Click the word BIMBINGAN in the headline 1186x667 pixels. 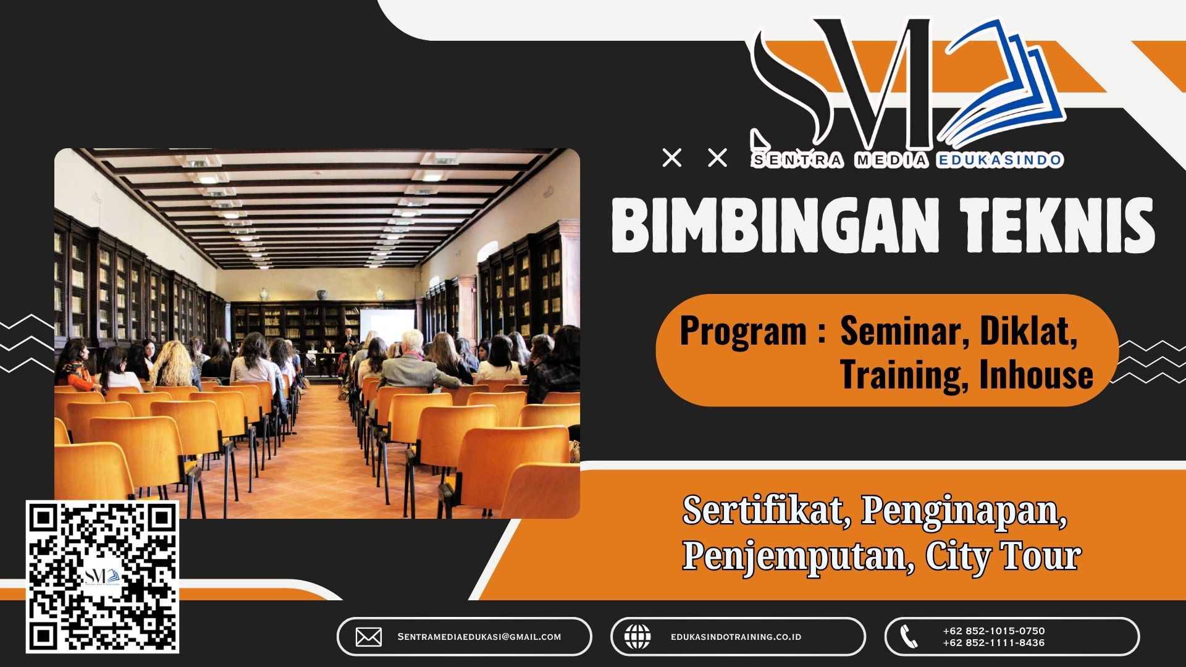coord(775,225)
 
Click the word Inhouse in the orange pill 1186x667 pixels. coord(1036,375)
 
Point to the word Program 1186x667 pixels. coord(743,332)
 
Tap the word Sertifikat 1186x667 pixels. coord(763,511)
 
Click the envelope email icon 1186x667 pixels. coord(369,637)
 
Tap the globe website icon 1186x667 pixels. coord(637,637)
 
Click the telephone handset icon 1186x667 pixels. coord(908,637)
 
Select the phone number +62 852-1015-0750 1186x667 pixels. coord(993,631)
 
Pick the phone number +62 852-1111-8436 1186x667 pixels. coord(993,643)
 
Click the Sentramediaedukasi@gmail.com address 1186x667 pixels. coord(479,637)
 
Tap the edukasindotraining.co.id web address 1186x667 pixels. coord(736,637)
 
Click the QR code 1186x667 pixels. coord(103,577)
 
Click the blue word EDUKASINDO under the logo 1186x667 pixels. coord(999,161)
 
